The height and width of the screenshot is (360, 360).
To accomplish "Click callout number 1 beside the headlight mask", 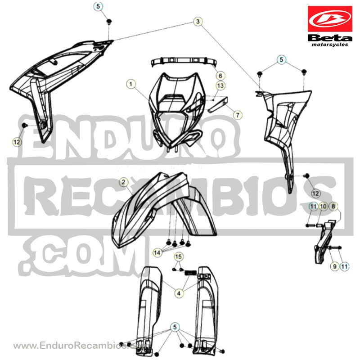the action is pos(131,84).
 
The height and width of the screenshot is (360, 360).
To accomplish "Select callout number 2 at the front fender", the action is pos(124,182).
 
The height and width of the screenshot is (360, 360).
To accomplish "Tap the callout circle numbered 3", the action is pos(198,22).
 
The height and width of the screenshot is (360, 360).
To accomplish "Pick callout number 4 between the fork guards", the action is pos(179,293).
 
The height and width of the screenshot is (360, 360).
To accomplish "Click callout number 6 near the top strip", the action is pos(220,76).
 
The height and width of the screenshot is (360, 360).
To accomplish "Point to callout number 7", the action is pos(238,115).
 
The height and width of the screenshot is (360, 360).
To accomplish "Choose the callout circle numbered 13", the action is pos(220,85).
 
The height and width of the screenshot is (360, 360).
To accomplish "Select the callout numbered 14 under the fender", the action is pos(157,253).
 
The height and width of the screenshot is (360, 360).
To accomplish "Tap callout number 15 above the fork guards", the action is pos(178,256).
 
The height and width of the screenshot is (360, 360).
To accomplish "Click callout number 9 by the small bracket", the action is pos(334,266).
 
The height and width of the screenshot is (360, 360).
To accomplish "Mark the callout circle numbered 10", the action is pos(323,207).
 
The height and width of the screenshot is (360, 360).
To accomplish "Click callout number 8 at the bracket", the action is pos(333,207).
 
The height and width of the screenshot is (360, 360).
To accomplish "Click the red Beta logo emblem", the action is pos(330,19).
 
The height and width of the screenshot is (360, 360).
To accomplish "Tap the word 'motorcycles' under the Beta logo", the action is pos(330,45).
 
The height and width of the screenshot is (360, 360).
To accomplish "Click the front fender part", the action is pos(164,210).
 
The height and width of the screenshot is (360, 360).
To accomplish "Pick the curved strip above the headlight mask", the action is pos(184,61).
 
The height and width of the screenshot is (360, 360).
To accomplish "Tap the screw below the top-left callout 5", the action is pos(109,22).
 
